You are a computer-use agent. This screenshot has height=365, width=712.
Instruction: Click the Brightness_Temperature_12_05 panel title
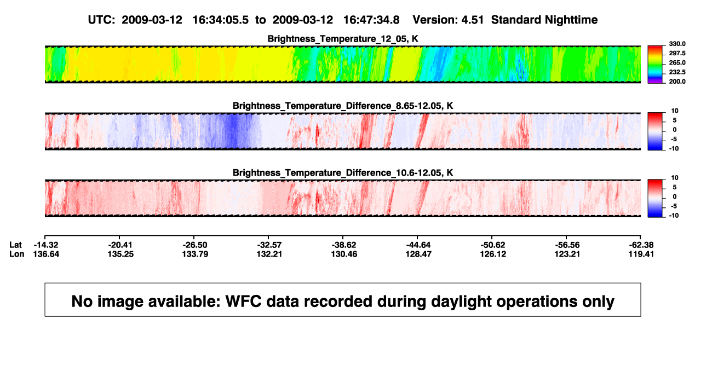(x=343, y=39)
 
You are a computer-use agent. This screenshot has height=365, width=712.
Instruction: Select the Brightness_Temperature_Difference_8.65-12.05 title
(x=343, y=106)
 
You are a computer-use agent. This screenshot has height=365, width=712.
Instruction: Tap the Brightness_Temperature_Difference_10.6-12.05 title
(x=343, y=173)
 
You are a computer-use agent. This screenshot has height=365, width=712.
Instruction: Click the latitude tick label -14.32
(x=46, y=245)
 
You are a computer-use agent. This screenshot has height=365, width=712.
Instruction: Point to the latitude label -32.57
(x=269, y=245)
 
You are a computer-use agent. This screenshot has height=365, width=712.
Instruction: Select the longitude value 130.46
(x=344, y=254)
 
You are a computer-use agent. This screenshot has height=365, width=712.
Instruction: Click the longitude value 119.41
(x=641, y=254)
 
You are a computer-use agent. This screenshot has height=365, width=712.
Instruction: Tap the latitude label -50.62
(x=493, y=245)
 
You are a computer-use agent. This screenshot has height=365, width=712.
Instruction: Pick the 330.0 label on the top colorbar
(x=677, y=44)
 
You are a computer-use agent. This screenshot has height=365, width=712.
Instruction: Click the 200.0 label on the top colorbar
(x=677, y=82)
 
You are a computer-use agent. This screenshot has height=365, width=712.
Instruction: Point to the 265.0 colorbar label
(x=677, y=62)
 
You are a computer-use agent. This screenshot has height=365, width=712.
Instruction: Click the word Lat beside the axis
(x=15, y=245)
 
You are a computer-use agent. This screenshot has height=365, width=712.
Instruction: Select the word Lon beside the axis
(x=17, y=254)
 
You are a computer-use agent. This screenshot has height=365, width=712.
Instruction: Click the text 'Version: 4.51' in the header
(x=448, y=20)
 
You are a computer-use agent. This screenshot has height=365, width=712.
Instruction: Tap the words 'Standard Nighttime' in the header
(x=544, y=20)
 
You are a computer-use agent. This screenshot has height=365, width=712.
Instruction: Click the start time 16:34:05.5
(x=220, y=20)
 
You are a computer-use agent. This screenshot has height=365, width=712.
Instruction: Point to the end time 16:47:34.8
(x=371, y=20)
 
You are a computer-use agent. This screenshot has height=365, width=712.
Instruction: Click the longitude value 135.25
(x=120, y=254)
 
